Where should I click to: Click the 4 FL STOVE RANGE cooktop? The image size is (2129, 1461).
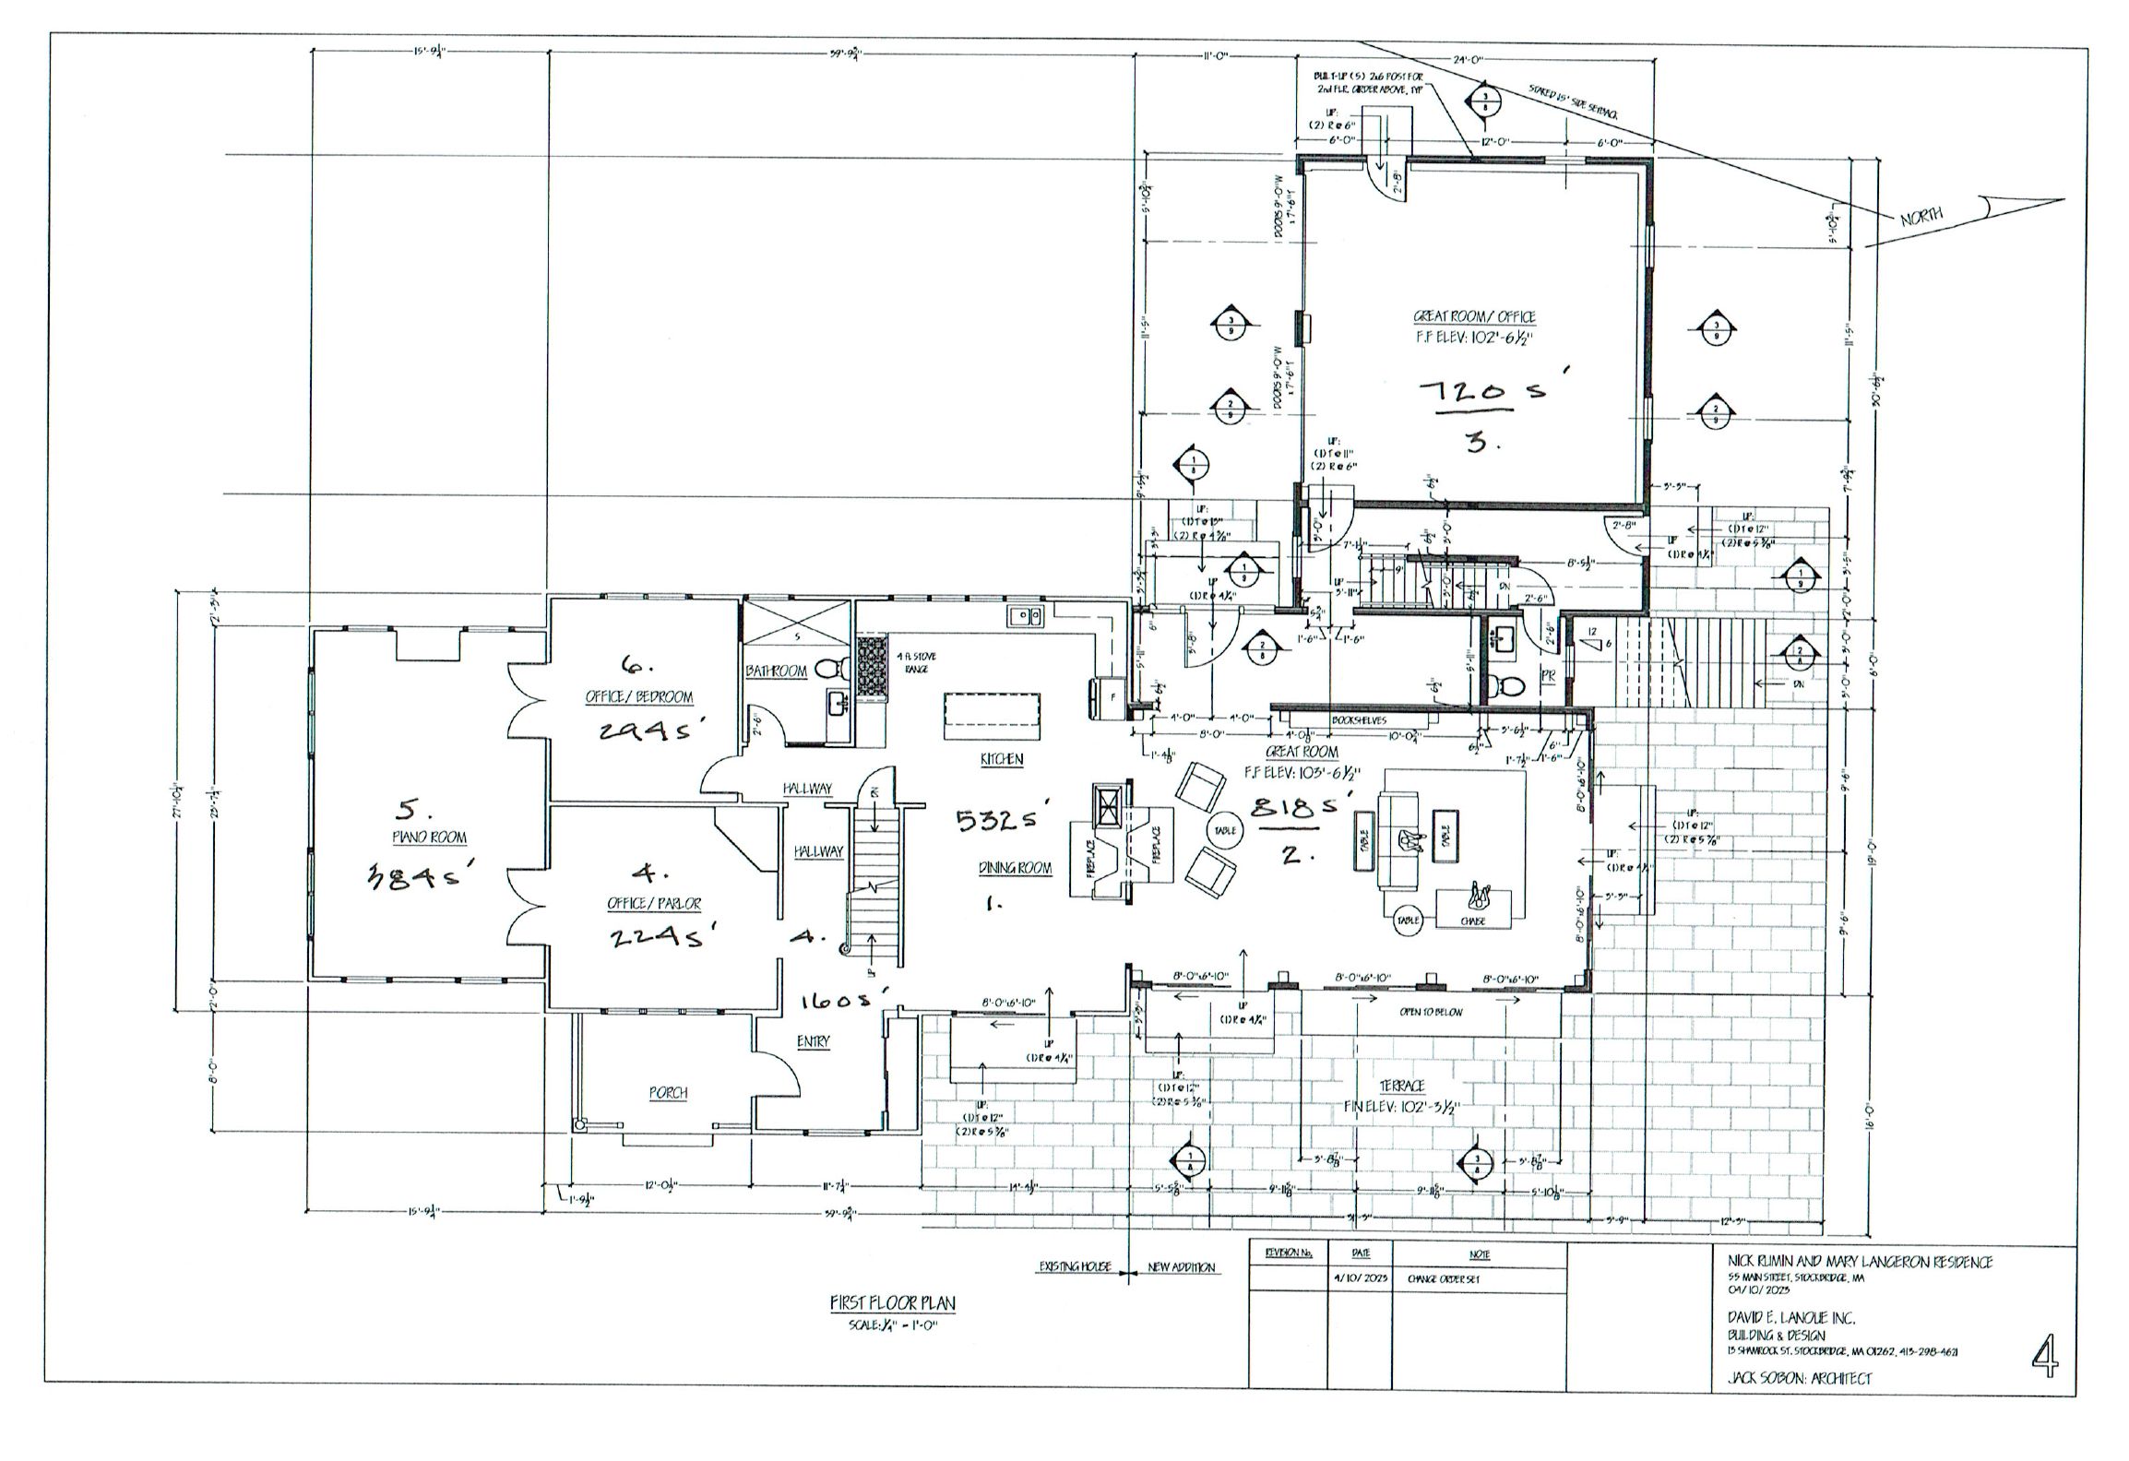point(872,667)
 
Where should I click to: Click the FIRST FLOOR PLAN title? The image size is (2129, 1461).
point(892,1303)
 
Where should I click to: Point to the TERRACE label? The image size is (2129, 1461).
point(1402,1086)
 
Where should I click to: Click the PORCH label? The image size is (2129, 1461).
point(668,1092)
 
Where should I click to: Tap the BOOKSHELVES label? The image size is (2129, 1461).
point(1360,719)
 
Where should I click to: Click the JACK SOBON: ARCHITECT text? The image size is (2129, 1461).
point(1799,1405)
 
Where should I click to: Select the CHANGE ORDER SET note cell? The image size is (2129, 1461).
point(1444,1280)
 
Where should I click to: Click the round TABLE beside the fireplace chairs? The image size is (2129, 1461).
point(1224,830)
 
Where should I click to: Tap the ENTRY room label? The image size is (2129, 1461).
point(813,1041)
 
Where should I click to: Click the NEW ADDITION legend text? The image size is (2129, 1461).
point(1182,1267)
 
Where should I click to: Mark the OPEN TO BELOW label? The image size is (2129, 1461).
point(1431,1012)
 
